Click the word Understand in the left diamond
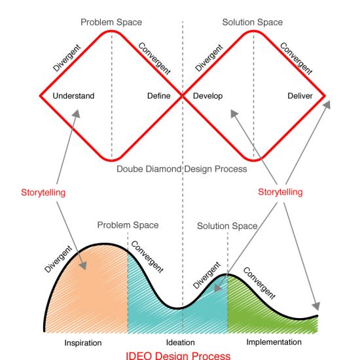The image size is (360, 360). (x=73, y=96)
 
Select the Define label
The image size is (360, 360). (x=159, y=96)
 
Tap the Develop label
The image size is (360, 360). (x=207, y=96)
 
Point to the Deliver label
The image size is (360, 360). (x=300, y=96)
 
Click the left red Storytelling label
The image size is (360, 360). (x=43, y=192)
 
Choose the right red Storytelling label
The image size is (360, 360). (x=280, y=192)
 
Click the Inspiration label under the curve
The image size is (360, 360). (x=83, y=343)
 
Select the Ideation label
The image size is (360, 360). (x=181, y=342)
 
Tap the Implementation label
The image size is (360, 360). (x=274, y=342)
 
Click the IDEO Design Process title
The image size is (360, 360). (x=178, y=355)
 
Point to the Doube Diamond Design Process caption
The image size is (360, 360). (x=182, y=169)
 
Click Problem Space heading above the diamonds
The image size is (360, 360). (x=111, y=22)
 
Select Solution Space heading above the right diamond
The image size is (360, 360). (x=252, y=22)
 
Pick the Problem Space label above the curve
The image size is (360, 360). (x=128, y=225)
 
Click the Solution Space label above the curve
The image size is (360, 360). (x=227, y=226)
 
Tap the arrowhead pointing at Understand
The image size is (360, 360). (x=77, y=113)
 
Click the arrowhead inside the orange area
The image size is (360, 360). (x=83, y=266)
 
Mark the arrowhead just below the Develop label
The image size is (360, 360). (x=234, y=113)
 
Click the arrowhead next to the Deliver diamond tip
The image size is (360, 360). (x=327, y=105)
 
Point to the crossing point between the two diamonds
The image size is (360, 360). (x=183, y=96)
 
